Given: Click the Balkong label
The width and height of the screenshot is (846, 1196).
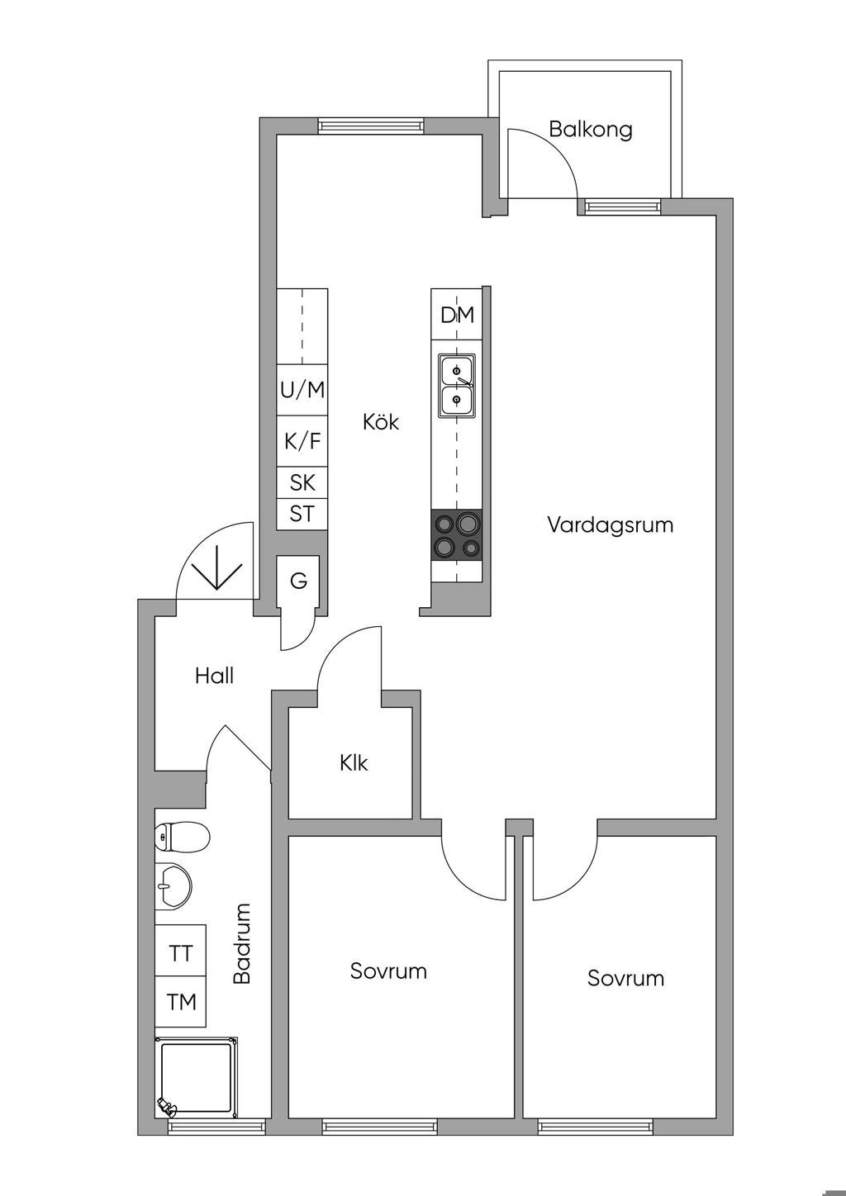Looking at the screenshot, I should [x=591, y=130].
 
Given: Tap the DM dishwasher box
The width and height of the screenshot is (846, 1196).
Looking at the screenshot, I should [x=457, y=315].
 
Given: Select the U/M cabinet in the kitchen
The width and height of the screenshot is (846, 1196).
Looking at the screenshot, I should [x=302, y=390].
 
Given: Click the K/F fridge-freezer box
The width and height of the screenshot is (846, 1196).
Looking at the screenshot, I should [x=302, y=442].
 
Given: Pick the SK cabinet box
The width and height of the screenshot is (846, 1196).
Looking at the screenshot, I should [x=302, y=482].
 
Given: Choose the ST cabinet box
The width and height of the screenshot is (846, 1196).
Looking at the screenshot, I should [x=302, y=514].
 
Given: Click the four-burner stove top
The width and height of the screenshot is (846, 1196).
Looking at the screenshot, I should [x=458, y=534].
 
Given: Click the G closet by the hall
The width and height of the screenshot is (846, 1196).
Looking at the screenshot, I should [x=298, y=581].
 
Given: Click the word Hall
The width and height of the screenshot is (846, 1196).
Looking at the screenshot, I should [x=214, y=676].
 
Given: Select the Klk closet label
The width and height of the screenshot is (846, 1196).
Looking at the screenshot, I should [x=354, y=762].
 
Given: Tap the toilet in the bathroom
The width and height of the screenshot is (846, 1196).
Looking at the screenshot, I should [x=182, y=838].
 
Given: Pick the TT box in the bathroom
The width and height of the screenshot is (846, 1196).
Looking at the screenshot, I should [x=181, y=954].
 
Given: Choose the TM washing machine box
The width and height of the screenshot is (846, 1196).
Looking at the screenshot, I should [x=181, y=1002].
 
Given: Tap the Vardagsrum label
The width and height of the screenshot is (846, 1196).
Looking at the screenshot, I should [x=610, y=524].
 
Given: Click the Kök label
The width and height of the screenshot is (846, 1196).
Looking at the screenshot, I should [x=381, y=422].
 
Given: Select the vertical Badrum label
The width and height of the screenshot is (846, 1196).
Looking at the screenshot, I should [x=242, y=943].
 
